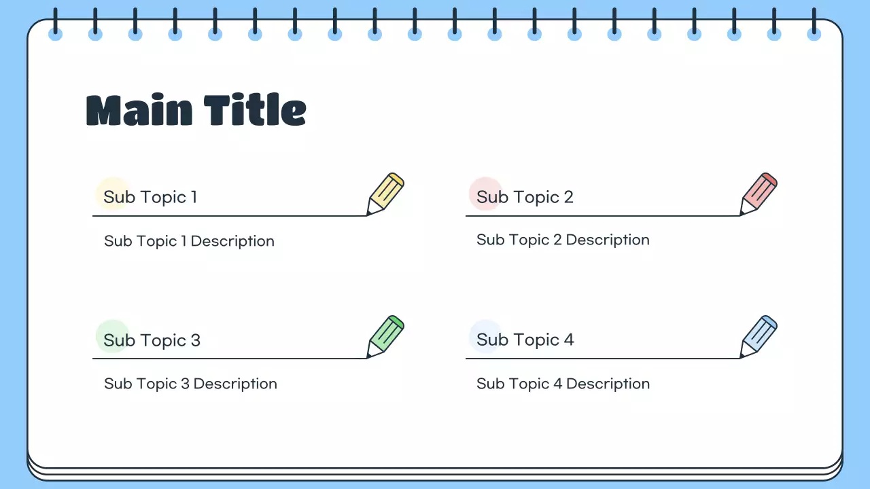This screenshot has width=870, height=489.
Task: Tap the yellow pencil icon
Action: (385, 194)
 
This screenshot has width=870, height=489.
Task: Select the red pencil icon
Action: (759, 194)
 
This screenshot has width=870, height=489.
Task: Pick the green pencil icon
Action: (385, 336)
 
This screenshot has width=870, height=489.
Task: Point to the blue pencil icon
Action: (759, 336)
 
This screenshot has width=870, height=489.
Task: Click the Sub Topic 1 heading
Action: (150, 198)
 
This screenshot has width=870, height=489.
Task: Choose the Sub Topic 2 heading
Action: (525, 198)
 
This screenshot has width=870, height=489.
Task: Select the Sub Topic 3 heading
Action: (152, 340)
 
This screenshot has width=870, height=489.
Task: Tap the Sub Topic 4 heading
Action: (525, 340)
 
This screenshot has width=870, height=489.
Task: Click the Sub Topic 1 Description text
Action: (189, 241)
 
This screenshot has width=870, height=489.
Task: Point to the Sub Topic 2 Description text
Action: (563, 240)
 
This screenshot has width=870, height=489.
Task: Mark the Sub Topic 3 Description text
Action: (190, 384)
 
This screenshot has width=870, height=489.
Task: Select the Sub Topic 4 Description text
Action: (563, 384)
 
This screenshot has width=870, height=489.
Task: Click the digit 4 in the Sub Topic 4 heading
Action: (568, 340)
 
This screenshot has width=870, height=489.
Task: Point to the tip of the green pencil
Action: (369, 355)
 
